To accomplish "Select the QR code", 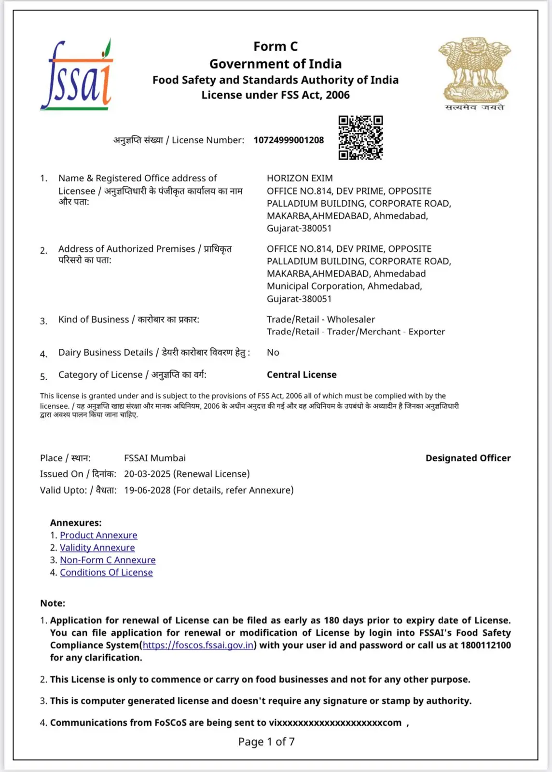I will point(360,138).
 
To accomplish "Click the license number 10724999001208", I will point(289,140).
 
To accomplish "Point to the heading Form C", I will point(276,47).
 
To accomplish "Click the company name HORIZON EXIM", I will point(300,179).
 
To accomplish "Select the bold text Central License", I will point(302,375).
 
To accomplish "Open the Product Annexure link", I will point(98,536).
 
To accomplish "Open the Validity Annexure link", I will point(97,548).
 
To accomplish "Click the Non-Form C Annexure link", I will point(108,560).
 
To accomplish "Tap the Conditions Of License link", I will point(106,573).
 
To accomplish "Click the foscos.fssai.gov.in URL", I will point(198,646).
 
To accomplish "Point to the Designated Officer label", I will point(468,458).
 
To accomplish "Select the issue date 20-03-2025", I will point(147,474).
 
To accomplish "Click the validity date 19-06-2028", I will point(147,491).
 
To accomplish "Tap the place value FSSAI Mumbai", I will point(154,458).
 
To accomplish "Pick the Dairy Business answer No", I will point(273,353).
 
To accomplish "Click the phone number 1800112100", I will point(485,646).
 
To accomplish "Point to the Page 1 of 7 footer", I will point(266,742).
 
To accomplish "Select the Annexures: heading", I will point(76,523).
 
